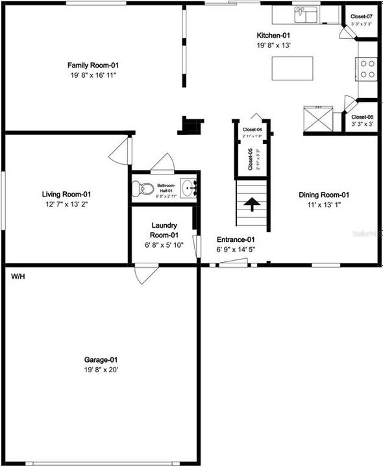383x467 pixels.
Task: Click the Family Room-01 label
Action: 93,65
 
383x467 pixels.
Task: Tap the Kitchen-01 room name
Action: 273,35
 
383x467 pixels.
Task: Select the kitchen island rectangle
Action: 291,68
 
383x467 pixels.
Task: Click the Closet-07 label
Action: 362,16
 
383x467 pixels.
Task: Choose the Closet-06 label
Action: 362,117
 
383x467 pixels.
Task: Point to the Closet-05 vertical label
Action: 251,160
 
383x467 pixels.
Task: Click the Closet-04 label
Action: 252,130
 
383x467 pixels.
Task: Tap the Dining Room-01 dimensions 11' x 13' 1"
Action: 324,205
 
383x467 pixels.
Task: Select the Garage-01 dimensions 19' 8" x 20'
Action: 101,370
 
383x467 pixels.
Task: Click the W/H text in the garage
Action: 17,276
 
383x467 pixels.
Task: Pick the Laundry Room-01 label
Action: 164,230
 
